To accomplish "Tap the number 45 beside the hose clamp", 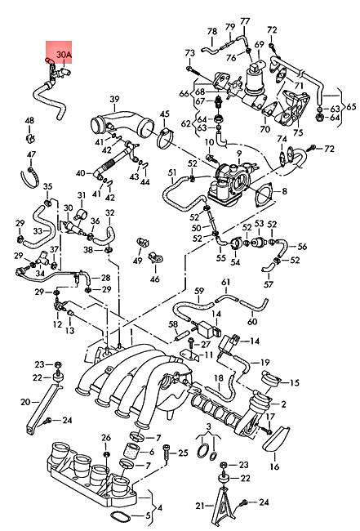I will click(x=164, y=114).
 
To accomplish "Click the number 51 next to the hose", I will click(x=172, y=172).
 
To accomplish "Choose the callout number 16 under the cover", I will click(x=274, y=466).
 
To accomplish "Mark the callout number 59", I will click(x=198, y=290).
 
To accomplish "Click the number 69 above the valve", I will click(x=259, y=43).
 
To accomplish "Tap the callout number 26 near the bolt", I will click(x=106, y=438).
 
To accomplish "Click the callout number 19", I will click(x=264, y=361).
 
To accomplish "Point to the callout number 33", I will click(x=38, y=231).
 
